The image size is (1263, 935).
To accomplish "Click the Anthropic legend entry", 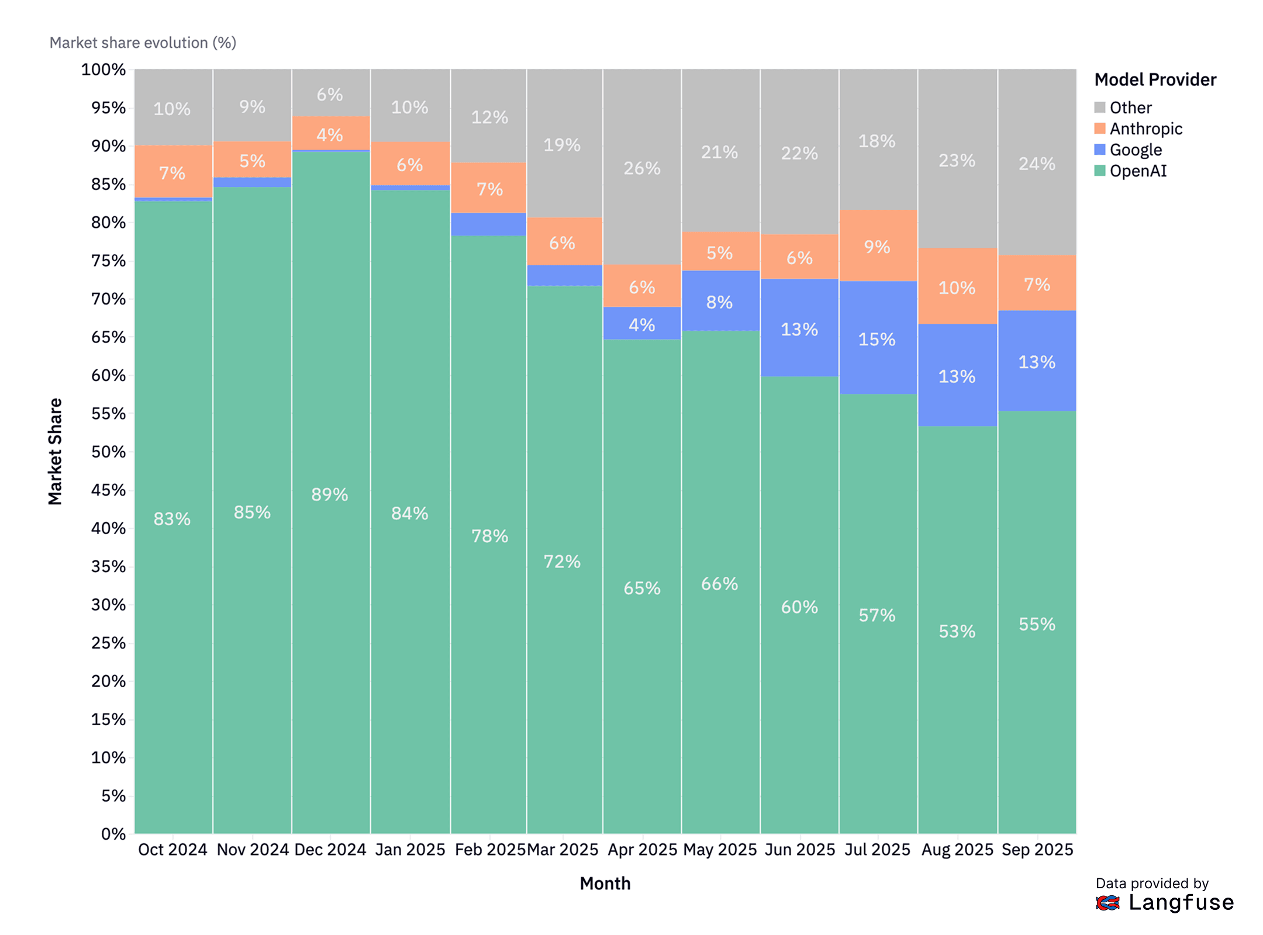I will pos(1145,129).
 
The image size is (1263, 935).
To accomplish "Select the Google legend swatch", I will pos(1099,150).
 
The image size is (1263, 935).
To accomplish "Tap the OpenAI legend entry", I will pos(1137,171).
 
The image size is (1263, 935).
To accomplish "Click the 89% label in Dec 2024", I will pos(330,494).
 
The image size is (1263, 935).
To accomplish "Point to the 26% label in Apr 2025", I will pos(641,168).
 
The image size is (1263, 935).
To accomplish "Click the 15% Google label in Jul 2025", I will pos(876,339).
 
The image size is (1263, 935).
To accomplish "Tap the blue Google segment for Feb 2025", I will pos(488,224).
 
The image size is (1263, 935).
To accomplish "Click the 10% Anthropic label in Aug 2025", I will pos(957,288).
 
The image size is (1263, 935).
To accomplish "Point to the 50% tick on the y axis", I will pos(108,452).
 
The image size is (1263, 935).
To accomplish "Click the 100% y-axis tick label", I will pos(103,70).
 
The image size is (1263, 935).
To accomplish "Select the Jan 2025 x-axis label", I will pos(410,849).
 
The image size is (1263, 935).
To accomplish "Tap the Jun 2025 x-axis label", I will pos(799,849).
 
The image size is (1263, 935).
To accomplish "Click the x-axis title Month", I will pos(605,883).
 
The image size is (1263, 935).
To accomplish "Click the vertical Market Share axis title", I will pos(55,451).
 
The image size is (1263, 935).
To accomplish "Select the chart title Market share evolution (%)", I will pos(143,43).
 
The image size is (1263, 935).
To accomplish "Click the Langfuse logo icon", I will pos(1107,903).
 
